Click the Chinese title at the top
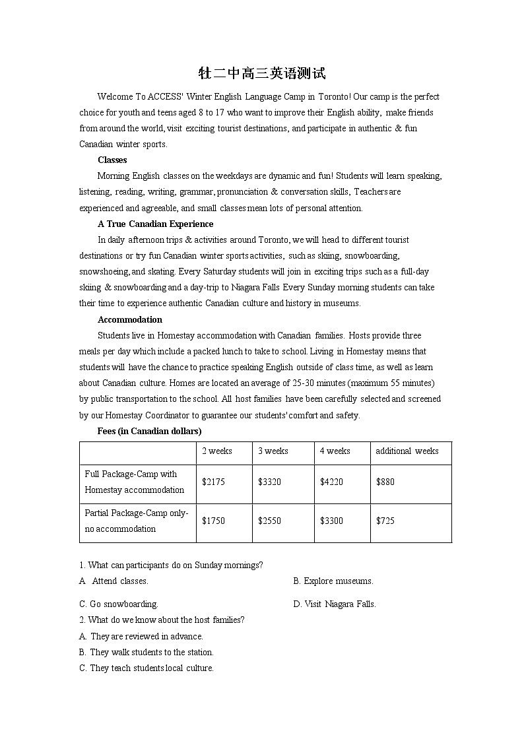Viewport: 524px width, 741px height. click(x=262, y=73)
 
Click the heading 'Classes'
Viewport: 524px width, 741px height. click(x=112, y=160)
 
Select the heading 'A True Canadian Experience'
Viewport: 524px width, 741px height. click(x=155, y=224)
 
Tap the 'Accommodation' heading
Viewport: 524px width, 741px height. click(x=130, y=320)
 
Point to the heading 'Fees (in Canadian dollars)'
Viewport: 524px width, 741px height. click(x=149, y=432)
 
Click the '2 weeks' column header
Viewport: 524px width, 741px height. click(x=217, y=451)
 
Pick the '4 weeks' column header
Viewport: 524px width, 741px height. click(x=335, y=451)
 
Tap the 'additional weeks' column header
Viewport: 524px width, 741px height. click(x=407, y=451)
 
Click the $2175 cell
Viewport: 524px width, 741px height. click(x=213, y=482)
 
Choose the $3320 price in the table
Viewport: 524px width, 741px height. click(x=269, y=482)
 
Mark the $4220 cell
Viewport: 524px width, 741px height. click(x=331, y=482)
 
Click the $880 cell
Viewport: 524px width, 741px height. click(x=385, y=482)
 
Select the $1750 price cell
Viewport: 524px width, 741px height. click(x=213, y=521)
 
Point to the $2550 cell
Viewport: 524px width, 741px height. click(x=269, y=521)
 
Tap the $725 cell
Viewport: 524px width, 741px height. click(x=385, y=521)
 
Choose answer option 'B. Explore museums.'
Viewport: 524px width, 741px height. click(x=333, y=581)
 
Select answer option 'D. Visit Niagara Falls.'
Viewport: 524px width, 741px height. click(x=335, y=604)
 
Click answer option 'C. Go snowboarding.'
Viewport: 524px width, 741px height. click(x=119, y=604)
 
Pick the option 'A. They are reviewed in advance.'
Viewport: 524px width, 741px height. click(x=141, y=637)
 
